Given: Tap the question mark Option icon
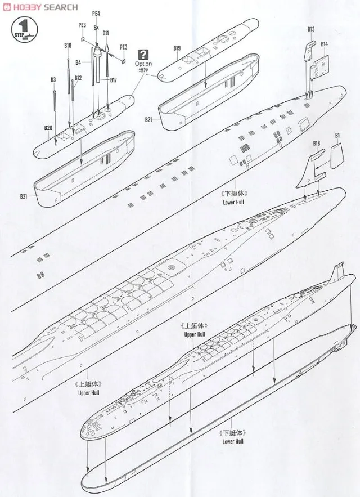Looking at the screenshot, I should (x=144, y=55).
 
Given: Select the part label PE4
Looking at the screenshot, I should (x=96, y=13).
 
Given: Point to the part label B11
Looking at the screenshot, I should (x=106, y=33).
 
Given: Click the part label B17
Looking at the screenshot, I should (x=113, y=80).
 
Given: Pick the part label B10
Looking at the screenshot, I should (x=68, y=45).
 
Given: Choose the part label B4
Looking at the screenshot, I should (x=79, y=62).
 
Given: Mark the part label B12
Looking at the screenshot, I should (x=78, y=78).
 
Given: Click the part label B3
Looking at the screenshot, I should (x=53, y=80).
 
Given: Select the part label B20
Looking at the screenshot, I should (x=48, y=128).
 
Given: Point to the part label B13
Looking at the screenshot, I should (x=311, y=29).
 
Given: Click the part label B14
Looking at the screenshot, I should (x=325, y=44).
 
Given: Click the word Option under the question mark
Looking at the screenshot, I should (x=144, y=64).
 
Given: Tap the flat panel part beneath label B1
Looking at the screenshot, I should (x=335, y=154).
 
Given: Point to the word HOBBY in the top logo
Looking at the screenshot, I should (x=26, y=7).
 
